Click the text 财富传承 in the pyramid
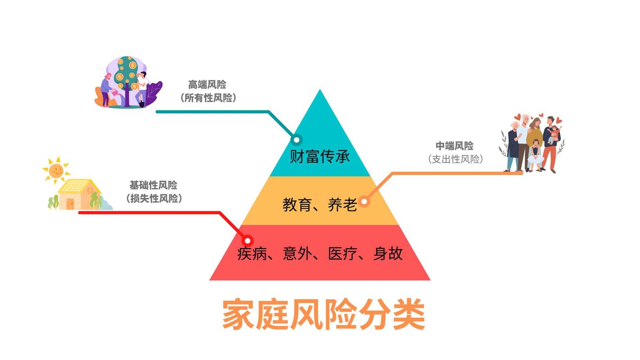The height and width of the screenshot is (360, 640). [x=320, y=157]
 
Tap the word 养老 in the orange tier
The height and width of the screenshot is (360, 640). [x=343, y=205]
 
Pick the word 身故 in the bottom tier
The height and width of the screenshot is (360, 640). [x=388, y=254]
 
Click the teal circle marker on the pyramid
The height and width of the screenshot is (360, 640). [x=297, y=139]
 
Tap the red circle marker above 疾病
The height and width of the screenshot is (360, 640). [x=248, y=241]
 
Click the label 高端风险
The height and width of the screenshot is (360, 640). [x=207, y=85]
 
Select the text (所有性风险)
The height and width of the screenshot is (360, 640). [x=207, y=98]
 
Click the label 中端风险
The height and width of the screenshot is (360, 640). [x=455, y=146]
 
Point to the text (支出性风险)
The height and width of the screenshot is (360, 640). [x=455, y=159]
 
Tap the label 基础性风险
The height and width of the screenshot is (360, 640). [x=153, y=185]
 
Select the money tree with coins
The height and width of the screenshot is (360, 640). [x=126, y=76]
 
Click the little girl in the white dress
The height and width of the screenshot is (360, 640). [x=535, y=155]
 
